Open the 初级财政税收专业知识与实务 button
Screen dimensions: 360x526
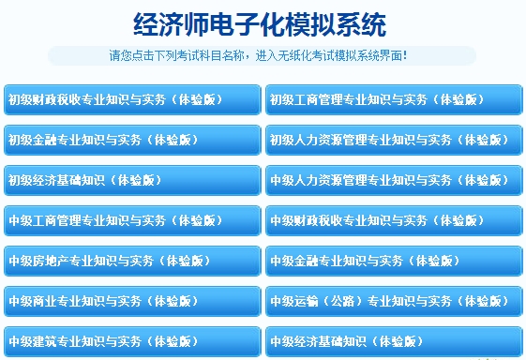(x=132, y=99)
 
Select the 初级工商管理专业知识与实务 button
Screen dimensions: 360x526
(x=394, y=99)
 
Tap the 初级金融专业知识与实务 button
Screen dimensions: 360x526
(x=132, y=140)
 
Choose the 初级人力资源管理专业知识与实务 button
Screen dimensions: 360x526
(x=394, y=140)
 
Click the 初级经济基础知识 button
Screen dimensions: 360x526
(x=132, y=180)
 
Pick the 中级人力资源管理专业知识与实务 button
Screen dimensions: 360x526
(x=394, y=180)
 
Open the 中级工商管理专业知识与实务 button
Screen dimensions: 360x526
(x=132, y=220)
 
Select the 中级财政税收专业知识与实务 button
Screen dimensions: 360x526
(x=394, y=220)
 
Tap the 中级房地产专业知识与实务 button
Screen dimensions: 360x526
(x=132, y=261)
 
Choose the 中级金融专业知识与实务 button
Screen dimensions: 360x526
(x=394, y=261)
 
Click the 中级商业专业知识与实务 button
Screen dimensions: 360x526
(x=132, y=301)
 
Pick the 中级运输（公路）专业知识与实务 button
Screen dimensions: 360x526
(x=394, y=301)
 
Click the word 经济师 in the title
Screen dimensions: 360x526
(x=165, y=24)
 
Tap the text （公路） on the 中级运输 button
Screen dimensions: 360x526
(x=337, y=301)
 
